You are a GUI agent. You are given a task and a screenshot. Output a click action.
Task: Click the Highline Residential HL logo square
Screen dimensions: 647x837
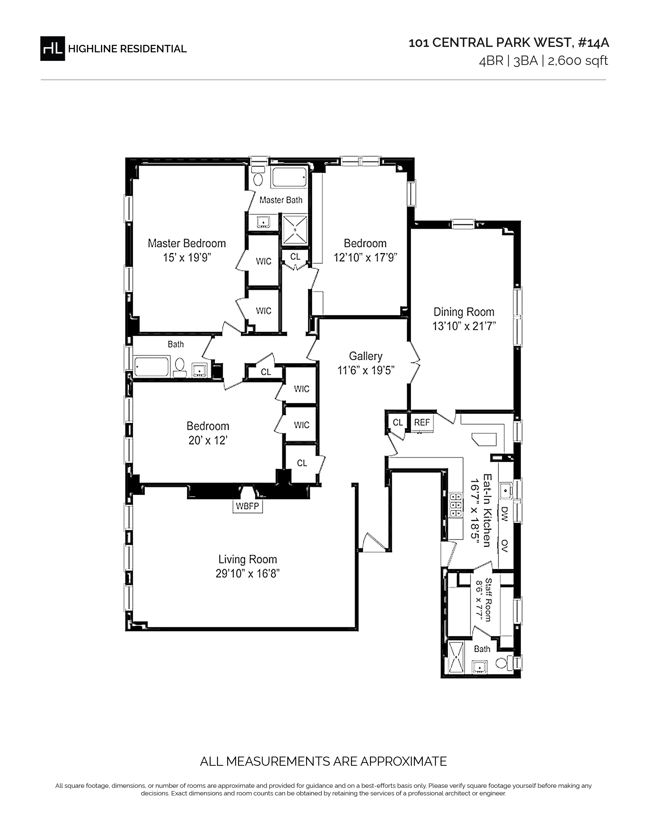pos(53,48)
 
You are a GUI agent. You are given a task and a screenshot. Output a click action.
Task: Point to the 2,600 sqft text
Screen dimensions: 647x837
pos(578,61)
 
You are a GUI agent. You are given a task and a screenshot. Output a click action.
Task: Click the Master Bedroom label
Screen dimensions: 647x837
pos(187,243)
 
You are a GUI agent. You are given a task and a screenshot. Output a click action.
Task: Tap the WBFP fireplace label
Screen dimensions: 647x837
pos(248,506)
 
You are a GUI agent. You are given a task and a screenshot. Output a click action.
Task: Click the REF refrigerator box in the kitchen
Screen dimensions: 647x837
pos(422,422)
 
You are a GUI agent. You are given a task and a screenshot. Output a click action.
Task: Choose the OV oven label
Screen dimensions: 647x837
pos(504,546)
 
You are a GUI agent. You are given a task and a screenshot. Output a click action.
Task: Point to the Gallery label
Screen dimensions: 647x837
pos(366,356)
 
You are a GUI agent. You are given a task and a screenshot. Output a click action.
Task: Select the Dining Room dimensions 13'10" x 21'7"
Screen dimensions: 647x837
pos(464,326)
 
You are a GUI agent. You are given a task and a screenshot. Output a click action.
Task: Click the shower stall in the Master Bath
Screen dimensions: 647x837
pos(295,229)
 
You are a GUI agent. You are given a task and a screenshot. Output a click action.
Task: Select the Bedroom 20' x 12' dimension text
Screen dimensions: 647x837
pos(208,440)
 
